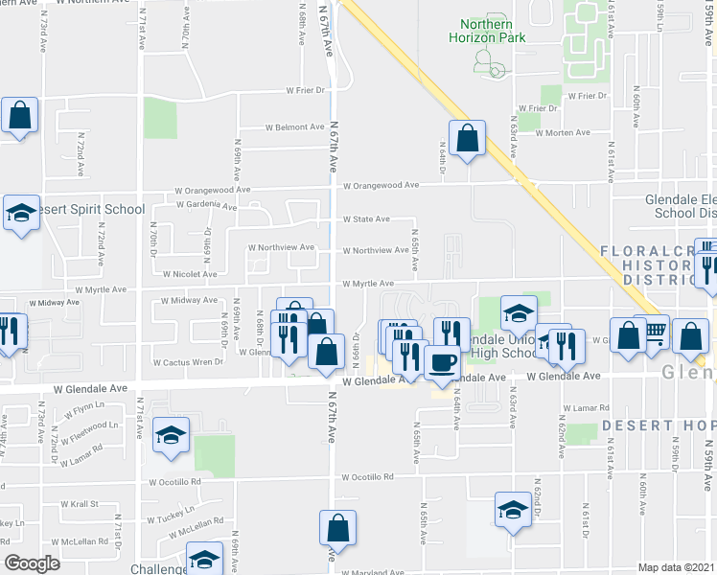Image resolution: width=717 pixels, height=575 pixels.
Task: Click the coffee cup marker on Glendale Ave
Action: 442,362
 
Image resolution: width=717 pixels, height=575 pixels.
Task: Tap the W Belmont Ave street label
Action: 294,126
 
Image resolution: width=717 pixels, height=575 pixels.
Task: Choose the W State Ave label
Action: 367,218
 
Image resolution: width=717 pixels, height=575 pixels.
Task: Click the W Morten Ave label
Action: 563,132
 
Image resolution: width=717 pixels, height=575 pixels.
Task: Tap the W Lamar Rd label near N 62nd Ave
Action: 587,408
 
